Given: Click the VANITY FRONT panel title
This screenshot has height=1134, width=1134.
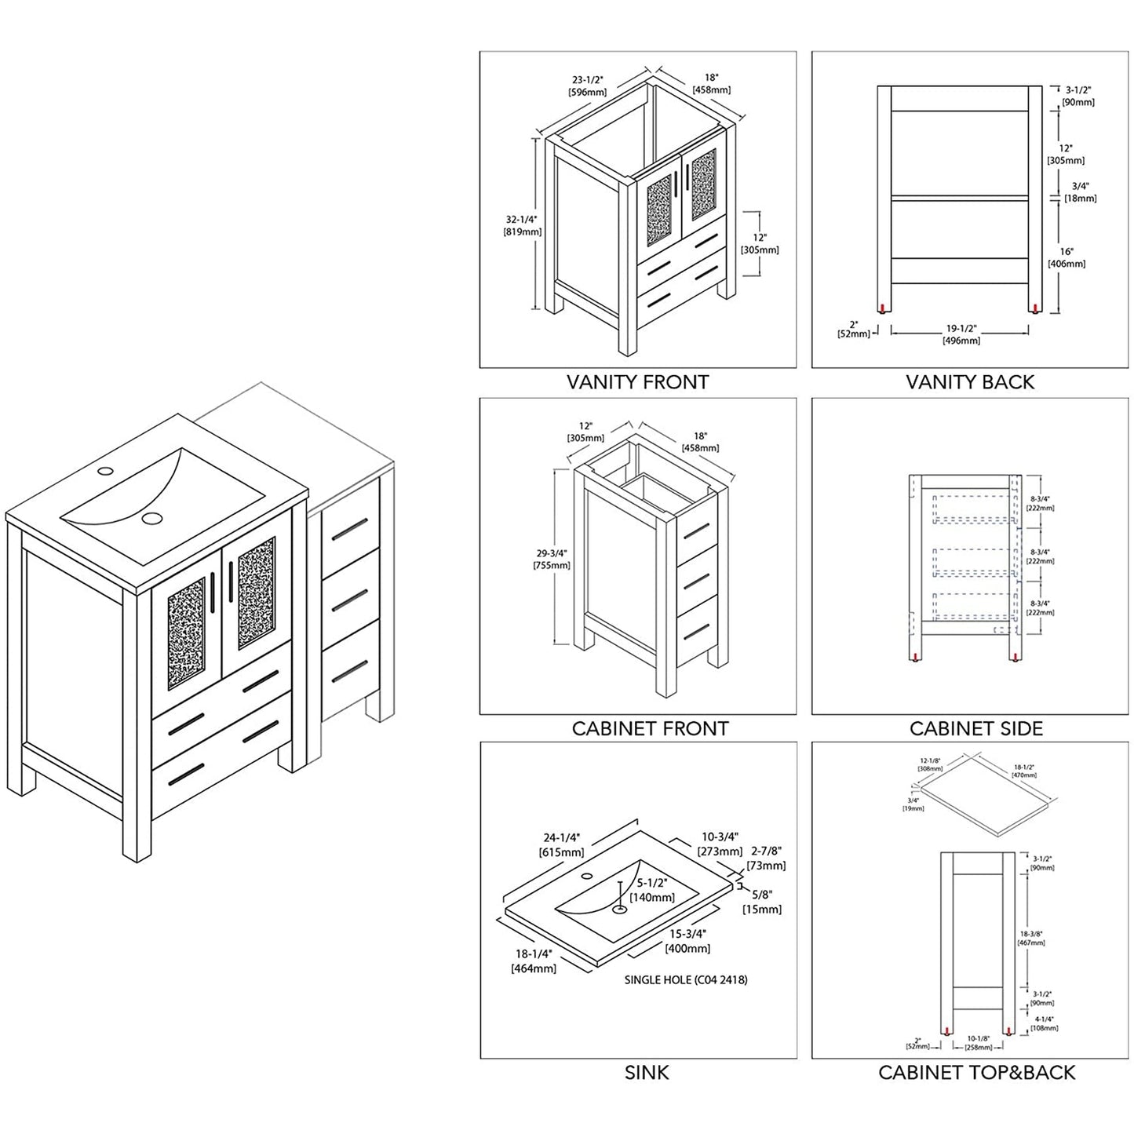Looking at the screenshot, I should (637, 382).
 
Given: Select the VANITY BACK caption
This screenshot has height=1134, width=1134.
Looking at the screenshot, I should (969, 382).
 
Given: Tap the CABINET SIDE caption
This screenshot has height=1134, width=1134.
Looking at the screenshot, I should (975, 728).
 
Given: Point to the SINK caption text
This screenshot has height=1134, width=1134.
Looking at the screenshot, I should (647, 1072).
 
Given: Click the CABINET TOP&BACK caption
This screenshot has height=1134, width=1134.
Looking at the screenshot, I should (976, 1072).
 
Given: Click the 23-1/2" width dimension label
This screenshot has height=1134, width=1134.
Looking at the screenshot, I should (587, 85).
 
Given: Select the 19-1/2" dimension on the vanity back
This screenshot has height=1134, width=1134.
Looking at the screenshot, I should (961, 334).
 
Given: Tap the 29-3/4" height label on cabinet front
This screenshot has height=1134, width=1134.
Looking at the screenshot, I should (550, 559).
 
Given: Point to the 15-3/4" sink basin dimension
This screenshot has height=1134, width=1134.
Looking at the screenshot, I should (687, 941).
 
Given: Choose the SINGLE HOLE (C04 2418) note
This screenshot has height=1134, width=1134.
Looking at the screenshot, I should (685, 979).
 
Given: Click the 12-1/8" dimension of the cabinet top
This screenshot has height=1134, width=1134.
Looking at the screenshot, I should (932, 764).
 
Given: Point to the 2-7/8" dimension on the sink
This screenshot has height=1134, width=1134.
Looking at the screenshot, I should (766, 859).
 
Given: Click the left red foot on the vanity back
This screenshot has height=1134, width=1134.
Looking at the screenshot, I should (884, 308).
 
